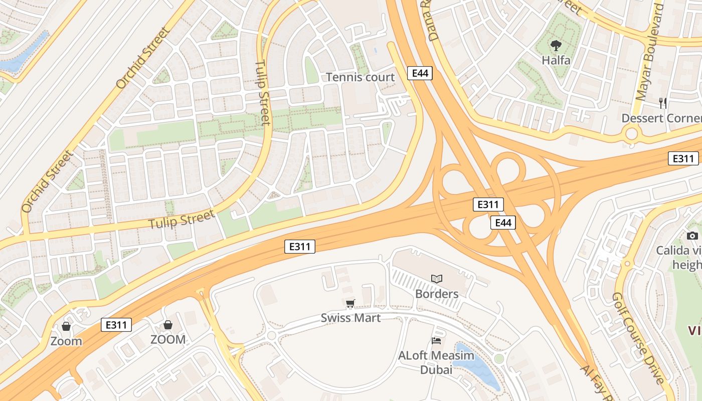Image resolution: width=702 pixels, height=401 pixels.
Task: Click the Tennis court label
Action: pos(360,77)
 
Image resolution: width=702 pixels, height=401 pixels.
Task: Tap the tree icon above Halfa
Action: pos(556,46)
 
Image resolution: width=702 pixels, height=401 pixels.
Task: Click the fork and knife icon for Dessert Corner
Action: pos(663,103)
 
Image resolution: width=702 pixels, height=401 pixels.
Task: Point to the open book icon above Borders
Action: pos(437,279)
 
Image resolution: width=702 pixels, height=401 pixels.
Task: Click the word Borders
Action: pos(437,294)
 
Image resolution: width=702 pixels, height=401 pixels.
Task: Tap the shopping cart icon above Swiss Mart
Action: pos(350,303)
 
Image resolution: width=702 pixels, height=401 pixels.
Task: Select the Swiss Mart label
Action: pos(350,318)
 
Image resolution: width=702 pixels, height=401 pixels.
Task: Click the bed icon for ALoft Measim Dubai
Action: pos(436,341)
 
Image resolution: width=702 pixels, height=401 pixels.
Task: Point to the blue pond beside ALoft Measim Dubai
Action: pos(477,366)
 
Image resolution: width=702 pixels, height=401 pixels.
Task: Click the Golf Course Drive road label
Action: pos(638,338)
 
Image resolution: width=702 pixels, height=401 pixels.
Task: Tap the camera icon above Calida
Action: pos(692,236)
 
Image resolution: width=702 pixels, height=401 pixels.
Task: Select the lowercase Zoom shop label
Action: pos(66,341)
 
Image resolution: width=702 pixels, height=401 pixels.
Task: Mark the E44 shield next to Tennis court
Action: pos(419,73)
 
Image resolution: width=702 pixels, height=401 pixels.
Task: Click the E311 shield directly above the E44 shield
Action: pos(488,205)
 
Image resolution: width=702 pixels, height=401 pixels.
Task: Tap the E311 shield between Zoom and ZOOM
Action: pos(116,325)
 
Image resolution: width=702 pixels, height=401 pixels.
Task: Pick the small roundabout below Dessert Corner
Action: pos(631,134)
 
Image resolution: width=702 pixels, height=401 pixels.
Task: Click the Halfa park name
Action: pos(556,60)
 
